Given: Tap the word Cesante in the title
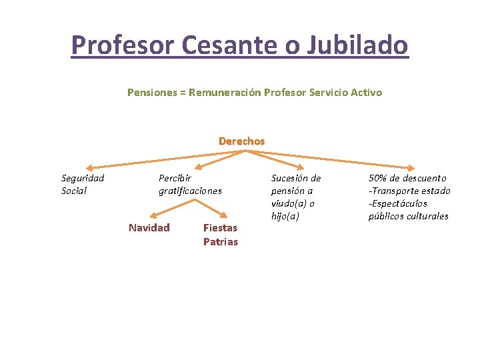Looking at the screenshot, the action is pos(208,45).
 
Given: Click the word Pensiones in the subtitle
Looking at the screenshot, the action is pos(151,93).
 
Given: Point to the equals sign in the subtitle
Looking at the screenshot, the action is pos(182,93).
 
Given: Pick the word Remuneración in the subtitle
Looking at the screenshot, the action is pos(225,93).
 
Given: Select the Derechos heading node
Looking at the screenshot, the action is pos(241,141).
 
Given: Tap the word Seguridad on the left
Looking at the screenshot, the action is pos(83,178).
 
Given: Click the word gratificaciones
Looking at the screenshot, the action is pos(190,191).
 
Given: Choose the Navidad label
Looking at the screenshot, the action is pos(149,228).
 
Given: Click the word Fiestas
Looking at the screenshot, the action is pos(220,228).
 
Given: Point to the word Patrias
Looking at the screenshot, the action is pos(220,241).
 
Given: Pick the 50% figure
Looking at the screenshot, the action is pos(380,178).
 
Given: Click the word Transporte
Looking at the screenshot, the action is pos(400,191).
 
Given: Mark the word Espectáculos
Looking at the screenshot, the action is pos(399,203).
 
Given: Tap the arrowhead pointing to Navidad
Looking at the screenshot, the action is pos(153,216).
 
